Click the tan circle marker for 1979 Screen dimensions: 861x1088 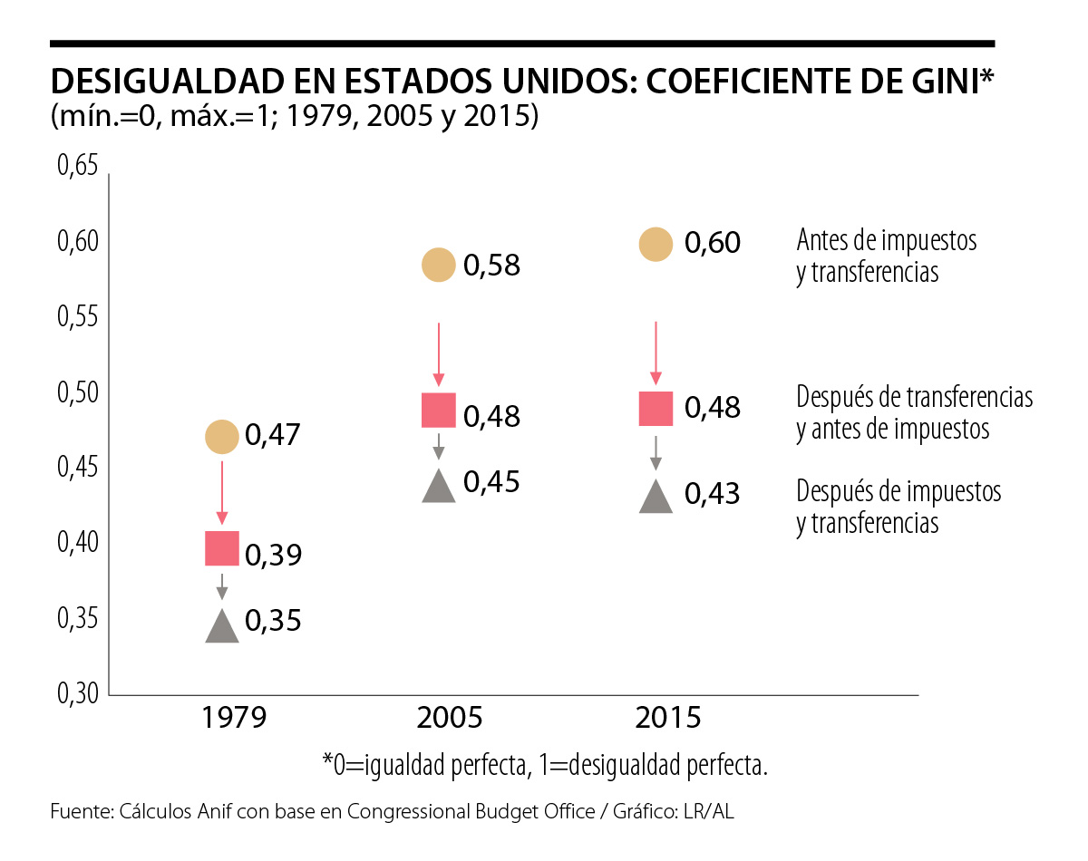coord(221,437)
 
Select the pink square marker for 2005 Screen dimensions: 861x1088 coord(439,411)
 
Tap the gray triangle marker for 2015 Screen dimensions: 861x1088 coord(656,497)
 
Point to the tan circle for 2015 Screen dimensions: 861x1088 coord(656,245)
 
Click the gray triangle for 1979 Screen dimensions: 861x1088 coord(222,626)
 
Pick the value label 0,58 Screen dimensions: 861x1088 coord(492,266)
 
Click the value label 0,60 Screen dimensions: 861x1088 coord(713,243)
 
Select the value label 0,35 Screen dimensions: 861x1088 coord(273,622)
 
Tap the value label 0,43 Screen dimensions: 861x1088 coord(713,494)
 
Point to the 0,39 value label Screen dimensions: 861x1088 coord(273,555)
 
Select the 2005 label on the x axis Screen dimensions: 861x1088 coord(451,719)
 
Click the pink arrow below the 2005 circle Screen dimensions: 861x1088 coord(439,353)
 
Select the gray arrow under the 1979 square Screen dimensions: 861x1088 coord(222,586)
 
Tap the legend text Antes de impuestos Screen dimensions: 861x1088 coord(887,240)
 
